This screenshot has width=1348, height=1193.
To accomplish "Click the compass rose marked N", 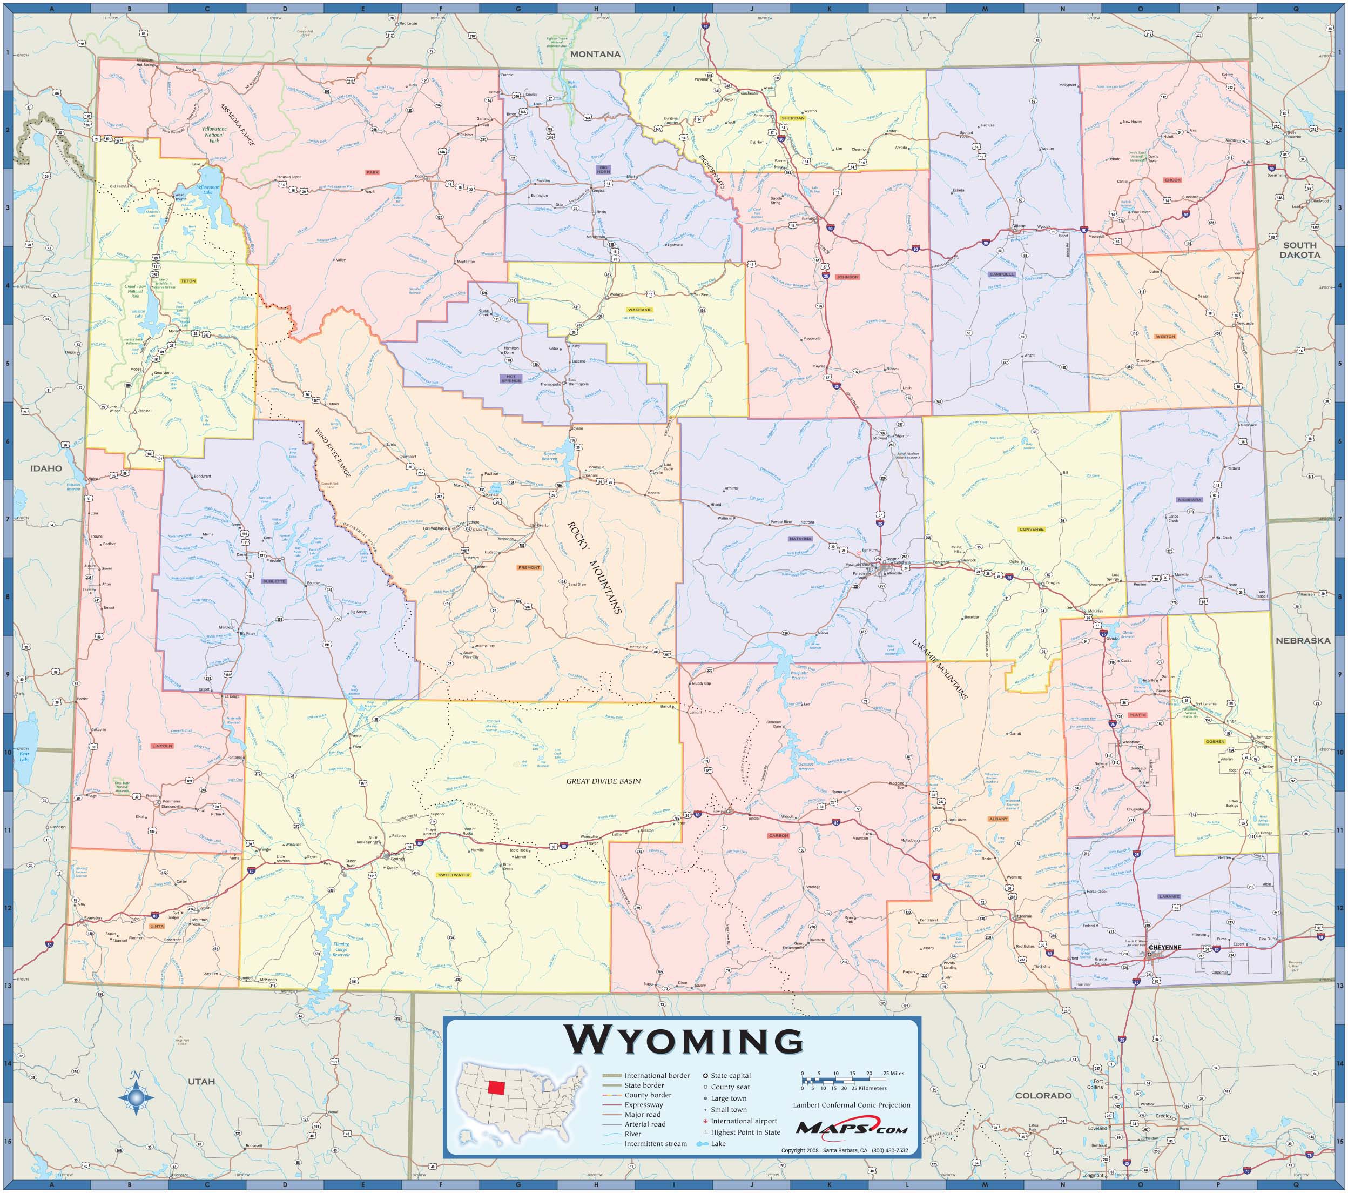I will [x=137, y=1097].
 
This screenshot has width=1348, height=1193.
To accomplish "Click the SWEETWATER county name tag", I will [x=454, y=874].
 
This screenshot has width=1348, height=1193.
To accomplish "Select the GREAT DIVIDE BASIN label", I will [x=603, y=781].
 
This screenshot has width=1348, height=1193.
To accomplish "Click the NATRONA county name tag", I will [x=800, y=539].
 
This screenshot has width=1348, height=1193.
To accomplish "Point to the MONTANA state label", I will [x=596, y=54].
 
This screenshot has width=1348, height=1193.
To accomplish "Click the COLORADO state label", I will [x=1043, y=1095].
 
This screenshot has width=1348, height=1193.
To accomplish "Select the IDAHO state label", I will [x=45, y=468].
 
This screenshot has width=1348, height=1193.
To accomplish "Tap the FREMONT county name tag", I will [x=529, y=567].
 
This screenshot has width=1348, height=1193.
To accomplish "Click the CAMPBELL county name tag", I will [x=1002, y=274].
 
